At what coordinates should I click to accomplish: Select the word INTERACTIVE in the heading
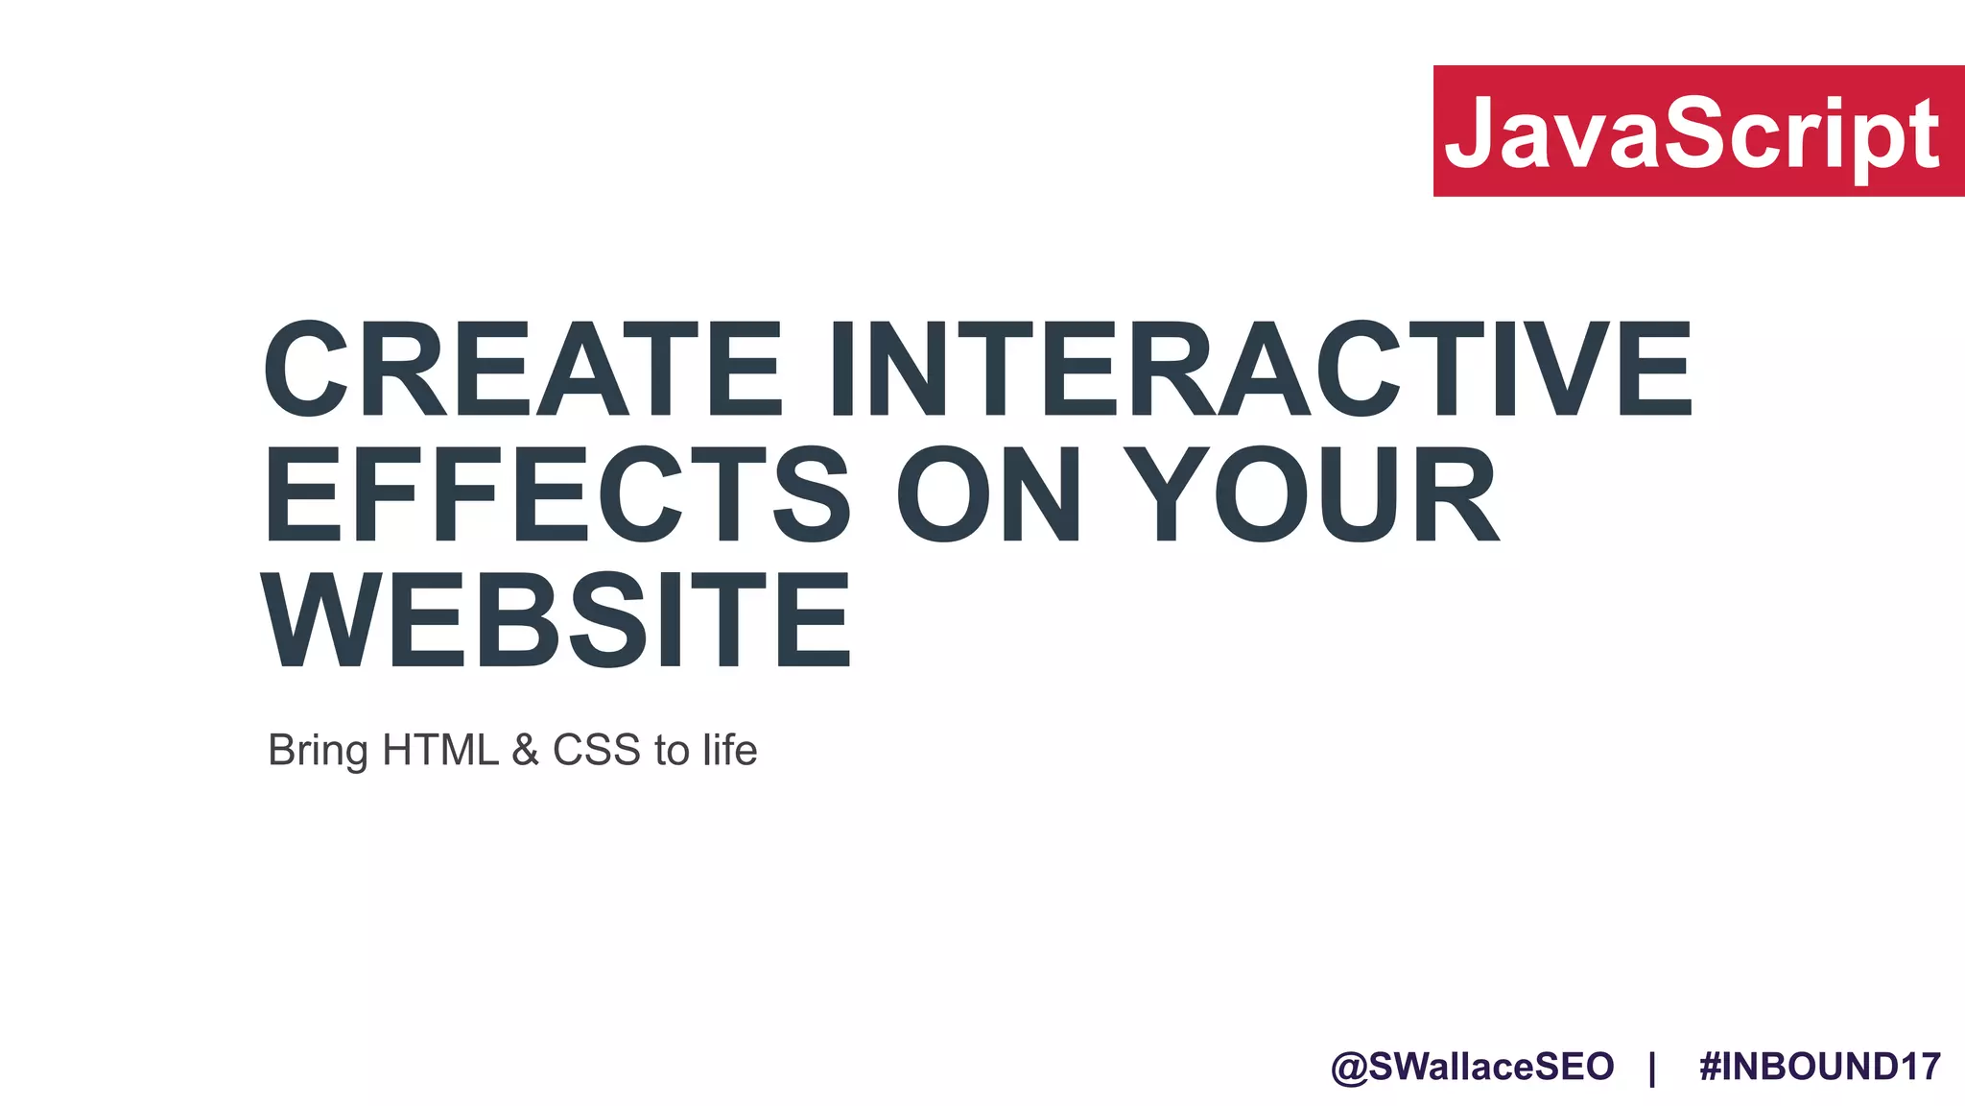pos(1261,370)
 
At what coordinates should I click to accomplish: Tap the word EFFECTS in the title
pos(557,494)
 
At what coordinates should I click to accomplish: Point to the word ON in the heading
pos(990,494)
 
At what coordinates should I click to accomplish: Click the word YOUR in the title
pos(1311,494)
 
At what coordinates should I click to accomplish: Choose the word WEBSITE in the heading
pos(556,619)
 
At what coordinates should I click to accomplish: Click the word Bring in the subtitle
pos(317,751)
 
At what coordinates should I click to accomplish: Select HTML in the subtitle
pos(440,750)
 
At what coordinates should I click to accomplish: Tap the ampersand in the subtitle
pos(526,750)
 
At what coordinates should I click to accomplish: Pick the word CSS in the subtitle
pos(596,750)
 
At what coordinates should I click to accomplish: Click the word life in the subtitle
pos(729,750)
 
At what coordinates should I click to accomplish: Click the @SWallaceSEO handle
pos(1473,1067)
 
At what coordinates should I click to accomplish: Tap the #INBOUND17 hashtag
pos(1820,1067)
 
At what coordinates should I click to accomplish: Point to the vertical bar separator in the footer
pos(1652,1068)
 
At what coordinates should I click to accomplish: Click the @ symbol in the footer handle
pos(1349,1068)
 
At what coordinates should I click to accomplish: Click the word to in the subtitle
pos(672,751)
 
